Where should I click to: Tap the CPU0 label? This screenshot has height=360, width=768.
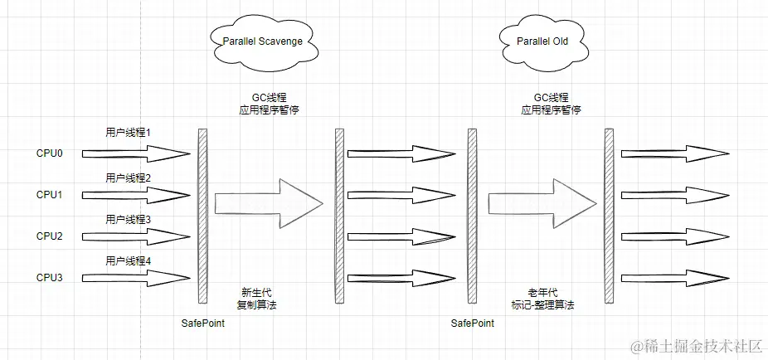pyautogui.click(x=49, y=153)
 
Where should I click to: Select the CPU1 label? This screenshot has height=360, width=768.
pyautogui.click(x=49, y=195)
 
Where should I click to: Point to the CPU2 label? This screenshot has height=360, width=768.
pyautogui.click(x=49, y=236)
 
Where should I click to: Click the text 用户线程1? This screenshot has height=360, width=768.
pyautogui.click(x=128, y=133)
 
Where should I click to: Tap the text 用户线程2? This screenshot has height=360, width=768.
pyautogui.click(x=128, y=178)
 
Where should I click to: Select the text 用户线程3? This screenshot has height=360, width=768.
pyautogui.click(x=128, y=219)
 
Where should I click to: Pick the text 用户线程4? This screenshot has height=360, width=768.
pyautogui.click(x=128, y=260)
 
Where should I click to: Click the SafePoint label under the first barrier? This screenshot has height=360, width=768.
pyautogui.click(x=202, y=322)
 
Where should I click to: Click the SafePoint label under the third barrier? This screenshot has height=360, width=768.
pyautogui.click(x=473, y=322)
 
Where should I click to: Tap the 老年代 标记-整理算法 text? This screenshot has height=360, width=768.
pyautogui.click(x=542, y=298)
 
